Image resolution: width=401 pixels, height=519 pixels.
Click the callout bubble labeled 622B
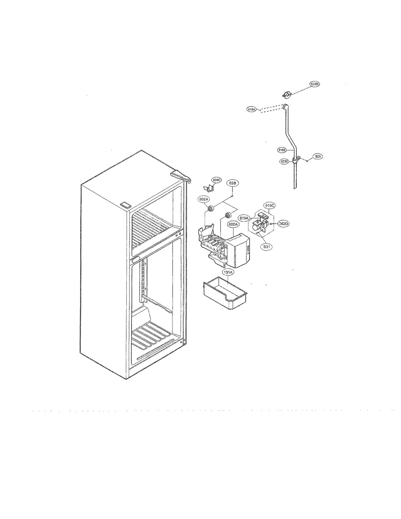click(314, 84)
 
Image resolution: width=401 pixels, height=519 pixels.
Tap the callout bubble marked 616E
click(282, 150)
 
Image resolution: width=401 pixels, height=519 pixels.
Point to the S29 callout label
click(318, 156)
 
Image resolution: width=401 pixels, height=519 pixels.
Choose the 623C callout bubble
click(284, 162)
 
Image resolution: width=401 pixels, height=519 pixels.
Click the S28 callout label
click(232, 183)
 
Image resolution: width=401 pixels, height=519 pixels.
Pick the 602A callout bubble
click(203, 199)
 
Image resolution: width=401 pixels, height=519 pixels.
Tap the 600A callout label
click(233, 225)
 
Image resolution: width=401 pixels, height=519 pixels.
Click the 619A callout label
click(244, 218)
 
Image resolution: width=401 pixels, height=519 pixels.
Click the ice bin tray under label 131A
click(225, 293)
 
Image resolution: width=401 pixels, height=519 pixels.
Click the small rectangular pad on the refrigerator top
click(126, 205)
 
